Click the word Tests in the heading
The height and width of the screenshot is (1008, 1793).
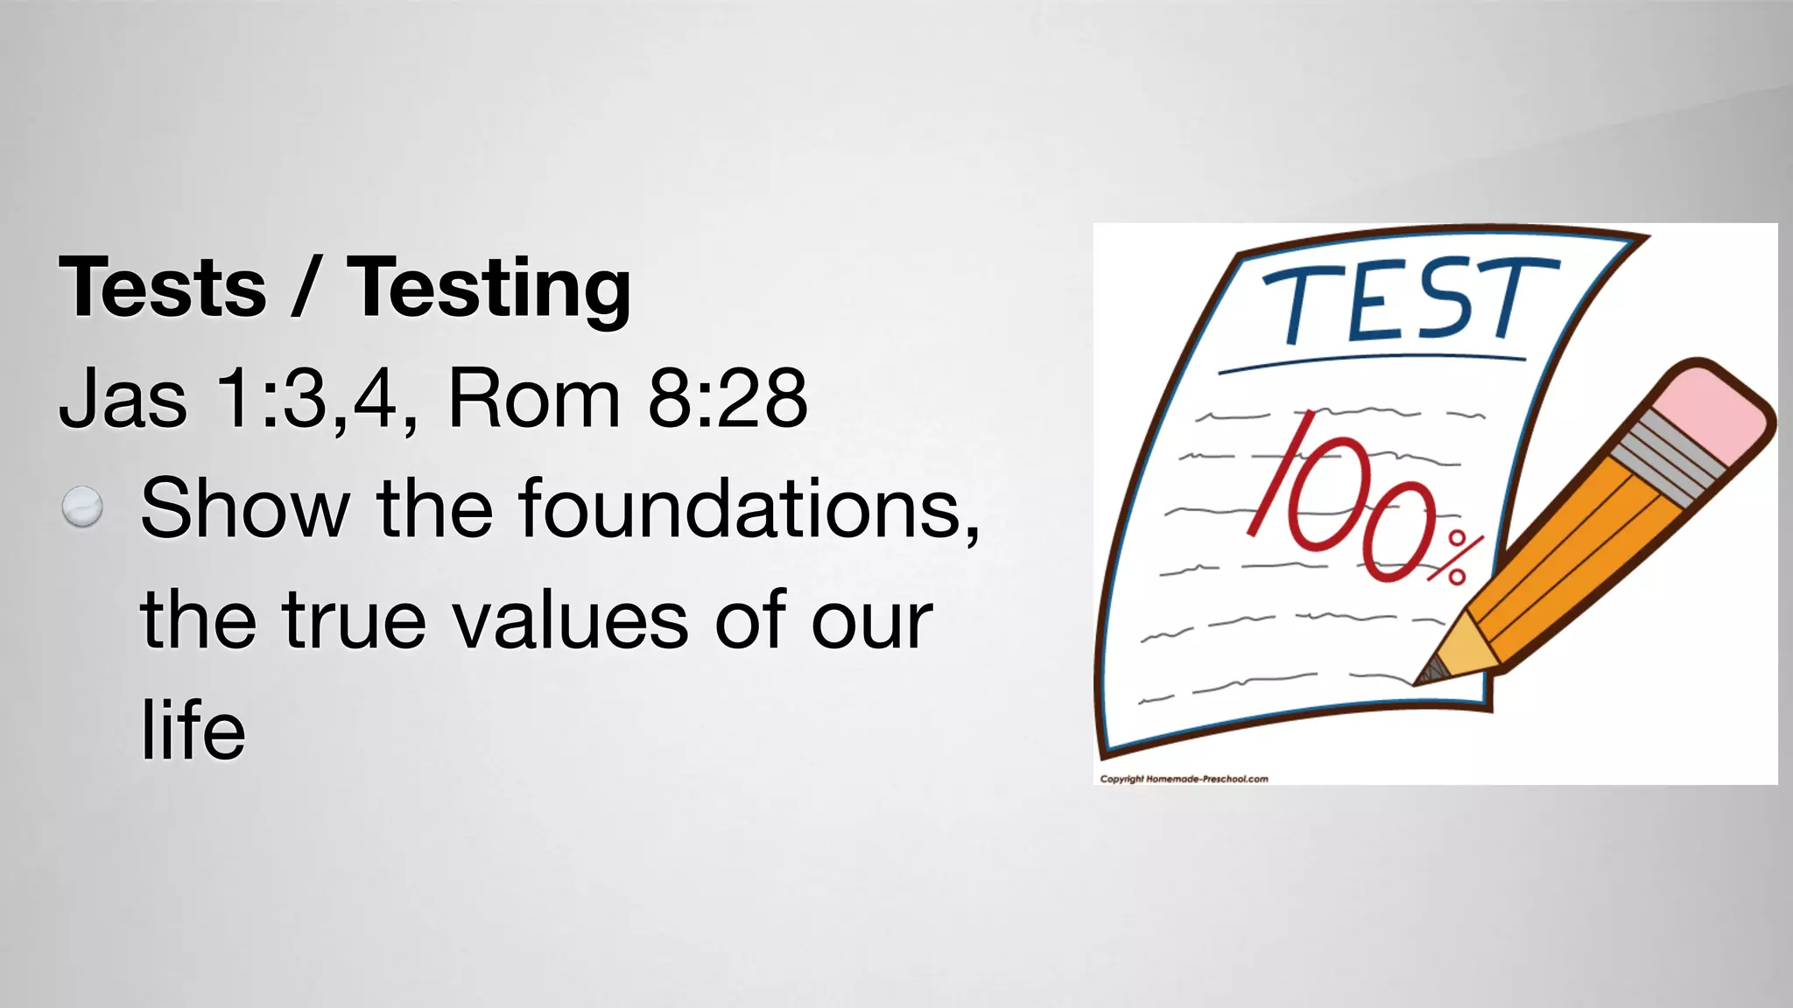click(162, 288)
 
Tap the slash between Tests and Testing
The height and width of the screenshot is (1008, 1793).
click(304, 288)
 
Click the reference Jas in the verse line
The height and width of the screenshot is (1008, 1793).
click(123, 399)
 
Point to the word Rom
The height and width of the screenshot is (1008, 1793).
click(534, 399)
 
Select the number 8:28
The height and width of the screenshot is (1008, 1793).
click(727, 399)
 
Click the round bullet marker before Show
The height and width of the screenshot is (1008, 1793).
click(82, 507)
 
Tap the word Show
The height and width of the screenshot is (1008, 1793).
click(244, 508)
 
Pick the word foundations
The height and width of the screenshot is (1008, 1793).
click(749, 508)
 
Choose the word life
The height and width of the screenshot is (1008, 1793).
click(193, 731)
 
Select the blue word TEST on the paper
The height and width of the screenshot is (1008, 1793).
click(1409, 300)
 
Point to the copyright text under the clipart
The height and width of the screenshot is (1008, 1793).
click(1184, 779)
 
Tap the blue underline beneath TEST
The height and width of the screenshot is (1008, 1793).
click(1372, 362)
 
